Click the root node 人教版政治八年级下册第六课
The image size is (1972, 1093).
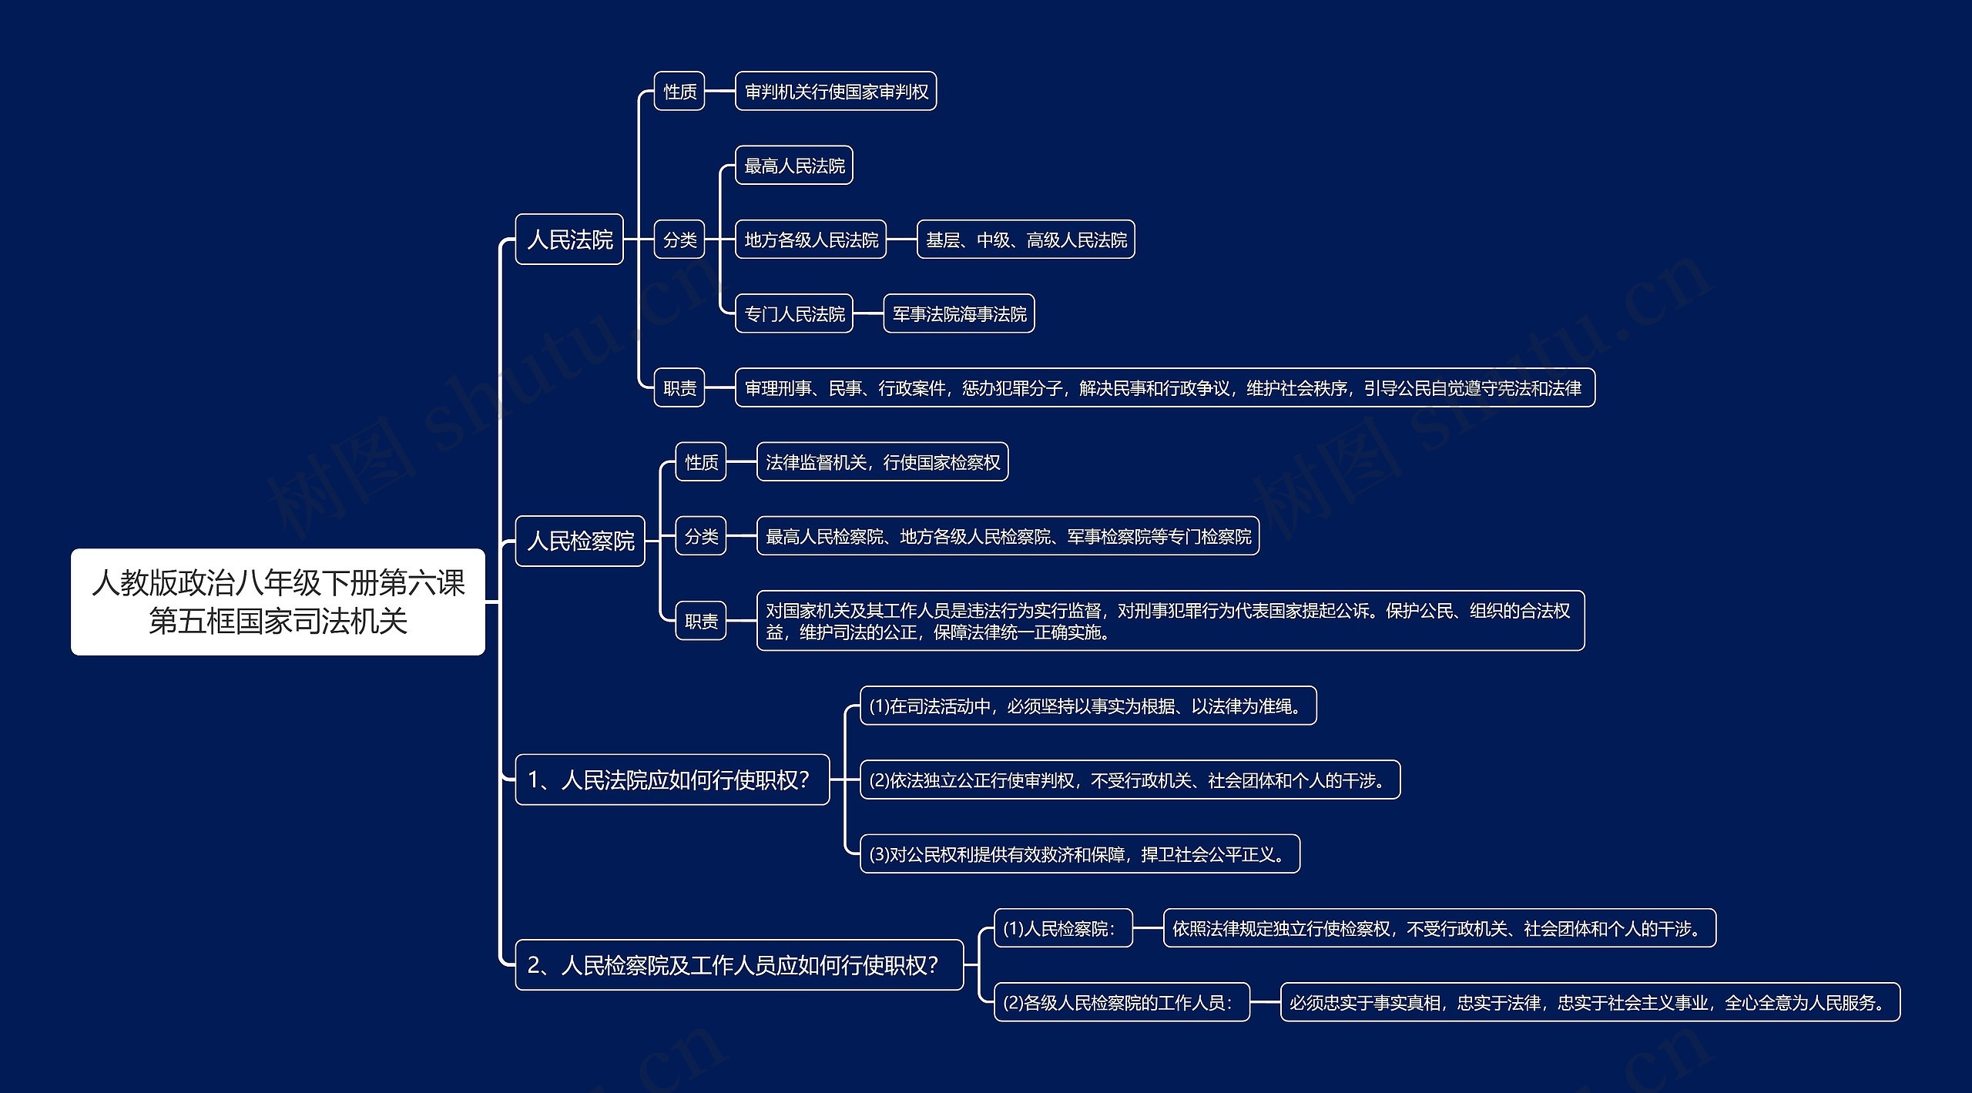pos(277,602)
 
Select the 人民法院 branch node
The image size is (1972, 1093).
pos(569,240)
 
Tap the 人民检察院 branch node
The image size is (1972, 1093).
pos(580,541)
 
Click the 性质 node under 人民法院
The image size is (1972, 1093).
pos(679,92)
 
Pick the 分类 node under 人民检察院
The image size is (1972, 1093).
pos(701,536)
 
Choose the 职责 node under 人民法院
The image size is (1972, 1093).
pos(679,387)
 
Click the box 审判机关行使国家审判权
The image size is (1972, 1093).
pos(836,92)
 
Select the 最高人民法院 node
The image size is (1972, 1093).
pos(794,166)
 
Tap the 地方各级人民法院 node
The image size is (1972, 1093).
pos(811,240)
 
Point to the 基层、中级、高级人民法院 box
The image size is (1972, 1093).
pos(1025,240)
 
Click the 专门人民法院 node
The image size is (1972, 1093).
pos(794,313)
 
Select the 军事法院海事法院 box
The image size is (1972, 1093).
pos(959,313)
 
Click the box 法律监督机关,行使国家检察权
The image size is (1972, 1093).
pos(882,462)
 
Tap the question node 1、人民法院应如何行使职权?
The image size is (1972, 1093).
pos(672,780)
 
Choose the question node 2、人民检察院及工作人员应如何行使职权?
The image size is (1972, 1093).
pos(739,965)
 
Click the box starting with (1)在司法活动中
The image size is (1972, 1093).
pos(1088,706)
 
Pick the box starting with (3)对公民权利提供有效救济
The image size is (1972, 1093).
pos(1079,854)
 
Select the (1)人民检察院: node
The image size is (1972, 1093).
pos(1063,928)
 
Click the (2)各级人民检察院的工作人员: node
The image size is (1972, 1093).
pos(1122,1002)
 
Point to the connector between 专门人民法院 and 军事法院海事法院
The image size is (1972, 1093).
pos(868,313)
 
